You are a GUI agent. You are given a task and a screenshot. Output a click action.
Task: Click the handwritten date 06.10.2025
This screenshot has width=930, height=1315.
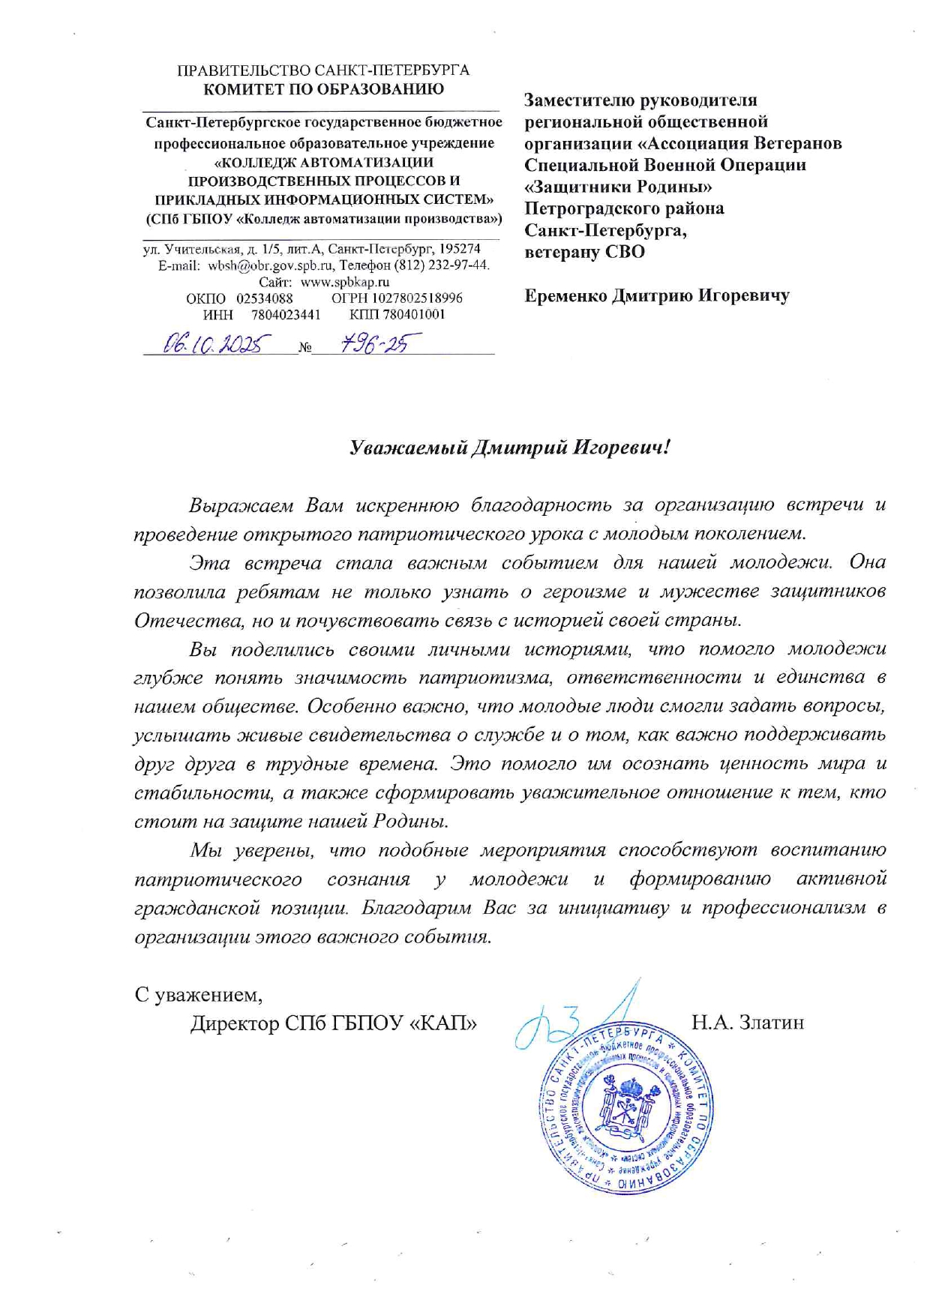point(212,344)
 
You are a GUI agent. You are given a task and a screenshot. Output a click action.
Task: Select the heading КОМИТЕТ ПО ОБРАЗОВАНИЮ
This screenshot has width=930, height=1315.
point(324,89)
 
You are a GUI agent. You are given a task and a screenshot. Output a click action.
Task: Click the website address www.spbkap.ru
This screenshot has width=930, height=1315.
point(345,282)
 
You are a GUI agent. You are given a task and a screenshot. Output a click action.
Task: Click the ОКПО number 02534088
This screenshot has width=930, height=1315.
point(265,298)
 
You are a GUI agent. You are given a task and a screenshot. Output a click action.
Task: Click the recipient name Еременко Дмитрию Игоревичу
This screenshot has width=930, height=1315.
point(657,295)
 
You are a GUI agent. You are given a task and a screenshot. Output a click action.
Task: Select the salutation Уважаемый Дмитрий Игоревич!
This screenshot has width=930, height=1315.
point(509,448)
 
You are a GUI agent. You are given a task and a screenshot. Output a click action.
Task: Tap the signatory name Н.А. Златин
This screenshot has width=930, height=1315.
point(748,1021)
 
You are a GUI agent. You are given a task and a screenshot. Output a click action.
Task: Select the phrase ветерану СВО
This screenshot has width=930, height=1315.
point(584,252)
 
